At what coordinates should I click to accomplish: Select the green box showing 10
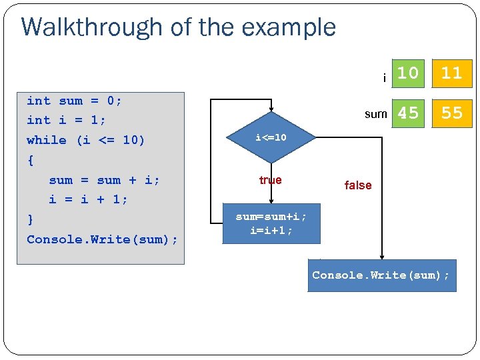(x=408, y=73)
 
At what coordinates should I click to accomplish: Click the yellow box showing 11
(x=451, y=73)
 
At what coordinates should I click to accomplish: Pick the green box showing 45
(x=408, y=113)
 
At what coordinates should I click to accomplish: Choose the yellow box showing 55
(x=451, y=113)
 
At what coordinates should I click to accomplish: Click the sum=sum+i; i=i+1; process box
(x=271, y=223)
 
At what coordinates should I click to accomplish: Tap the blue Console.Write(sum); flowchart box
(x=381, y=275)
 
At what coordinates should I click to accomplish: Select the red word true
(x=270, y=180)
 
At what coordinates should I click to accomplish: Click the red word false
(x=358, y=185)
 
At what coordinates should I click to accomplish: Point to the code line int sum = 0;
(x=74, y=101)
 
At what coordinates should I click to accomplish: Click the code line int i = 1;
(x=66, y=121)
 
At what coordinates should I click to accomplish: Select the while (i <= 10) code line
(x=85, y=140)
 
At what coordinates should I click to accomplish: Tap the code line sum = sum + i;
(x=104, y=180)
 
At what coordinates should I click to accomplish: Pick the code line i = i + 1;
(x=88, y=199)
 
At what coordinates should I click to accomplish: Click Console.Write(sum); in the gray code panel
(x=102, y=239)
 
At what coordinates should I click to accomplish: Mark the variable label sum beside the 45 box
(x=375, y=114)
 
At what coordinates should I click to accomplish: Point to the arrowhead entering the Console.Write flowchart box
(x=382, y=257)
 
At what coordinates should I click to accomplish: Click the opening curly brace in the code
(x=30, y=160)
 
